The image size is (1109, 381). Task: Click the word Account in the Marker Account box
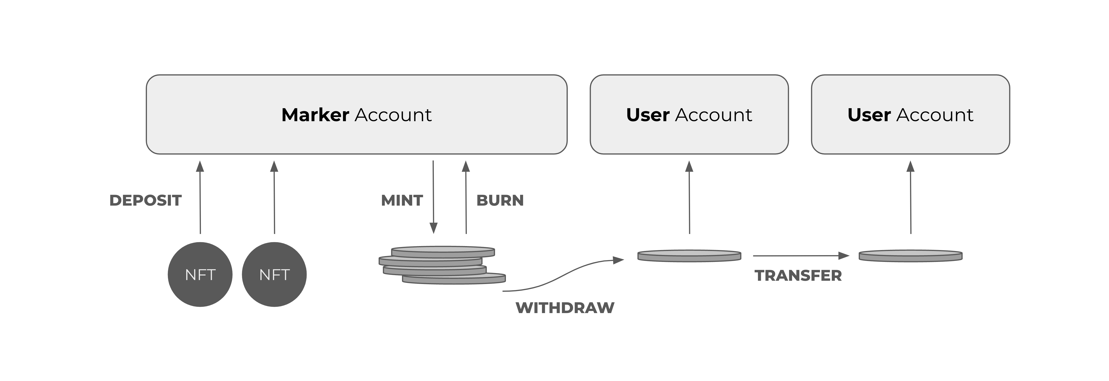tap(393, 115)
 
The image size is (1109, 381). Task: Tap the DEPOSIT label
tap(146, 200)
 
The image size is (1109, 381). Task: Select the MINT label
tap(402, 200)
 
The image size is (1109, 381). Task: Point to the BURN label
tap(500, 200)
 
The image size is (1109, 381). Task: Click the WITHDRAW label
tap(565, 307)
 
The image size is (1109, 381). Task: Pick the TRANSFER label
tap(798, 276)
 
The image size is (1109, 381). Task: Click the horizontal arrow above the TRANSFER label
tap(801, 256)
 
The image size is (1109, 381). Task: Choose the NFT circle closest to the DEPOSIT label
tap(200, 275)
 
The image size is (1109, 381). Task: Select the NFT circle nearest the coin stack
tap(274, 275)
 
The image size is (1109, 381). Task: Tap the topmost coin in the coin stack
tap(443, 251)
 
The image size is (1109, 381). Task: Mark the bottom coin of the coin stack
tap(454, 279)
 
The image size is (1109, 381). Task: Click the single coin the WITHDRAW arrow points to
tap(689, 256)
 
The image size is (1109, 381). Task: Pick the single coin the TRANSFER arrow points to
tap(910, 256)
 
